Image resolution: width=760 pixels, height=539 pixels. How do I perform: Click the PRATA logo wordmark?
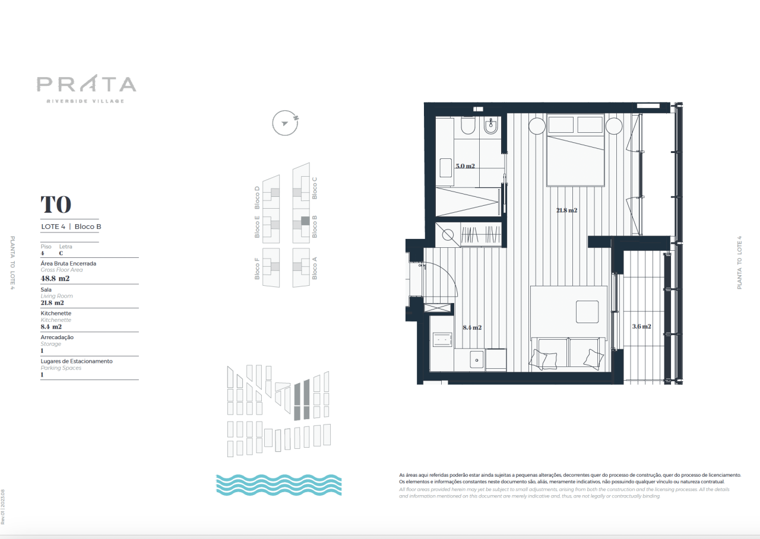coord(87,84)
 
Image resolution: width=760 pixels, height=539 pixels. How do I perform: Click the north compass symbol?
coord(284,123)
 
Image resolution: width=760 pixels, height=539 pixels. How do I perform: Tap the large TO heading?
coord(56,205)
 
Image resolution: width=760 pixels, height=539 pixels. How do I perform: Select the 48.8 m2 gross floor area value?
coord(55,278)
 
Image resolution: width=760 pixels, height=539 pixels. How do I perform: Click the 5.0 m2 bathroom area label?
coord(465,166)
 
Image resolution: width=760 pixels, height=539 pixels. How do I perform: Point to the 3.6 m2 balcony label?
coord(641,326)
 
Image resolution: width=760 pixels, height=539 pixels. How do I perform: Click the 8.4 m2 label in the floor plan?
coord(471,327)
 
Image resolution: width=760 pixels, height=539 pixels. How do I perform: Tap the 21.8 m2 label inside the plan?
coord(567,210)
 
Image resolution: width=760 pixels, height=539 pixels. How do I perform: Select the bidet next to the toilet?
coord(490,126)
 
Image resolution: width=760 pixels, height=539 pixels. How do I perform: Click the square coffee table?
coord(587,311)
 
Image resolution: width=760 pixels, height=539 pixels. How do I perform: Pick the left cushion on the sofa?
coord(546,358)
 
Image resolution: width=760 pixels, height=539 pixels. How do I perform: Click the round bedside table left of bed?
coord(537,126)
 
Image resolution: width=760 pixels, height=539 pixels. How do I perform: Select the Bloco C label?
coord(315,187)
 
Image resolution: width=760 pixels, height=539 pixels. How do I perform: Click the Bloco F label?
coord(257,268)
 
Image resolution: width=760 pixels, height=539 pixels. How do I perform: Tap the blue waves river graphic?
coord(278,484)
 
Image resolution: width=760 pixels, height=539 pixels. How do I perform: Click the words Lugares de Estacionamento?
coord(77,361)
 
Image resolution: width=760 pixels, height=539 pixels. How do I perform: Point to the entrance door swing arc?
coord(451,276)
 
